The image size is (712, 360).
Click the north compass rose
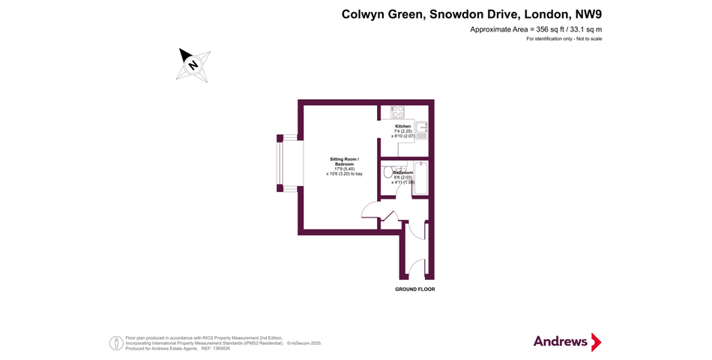point(193,64)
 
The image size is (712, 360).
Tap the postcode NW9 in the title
point(588,14)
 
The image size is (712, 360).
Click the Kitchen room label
point(403,126)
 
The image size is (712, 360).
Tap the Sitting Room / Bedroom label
point(344,161)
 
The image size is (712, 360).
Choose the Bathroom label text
point(403,172)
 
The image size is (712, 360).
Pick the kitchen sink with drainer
point(421,132)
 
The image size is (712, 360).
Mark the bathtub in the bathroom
point(420,178)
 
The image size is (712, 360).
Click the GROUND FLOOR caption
point(414,289)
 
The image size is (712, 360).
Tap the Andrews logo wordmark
point(561,341)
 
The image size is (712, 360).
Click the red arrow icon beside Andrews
point(596,342)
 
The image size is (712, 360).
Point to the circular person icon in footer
point(116,343)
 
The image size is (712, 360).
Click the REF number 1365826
point(223,347)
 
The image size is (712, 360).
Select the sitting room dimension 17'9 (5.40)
point(344,169)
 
